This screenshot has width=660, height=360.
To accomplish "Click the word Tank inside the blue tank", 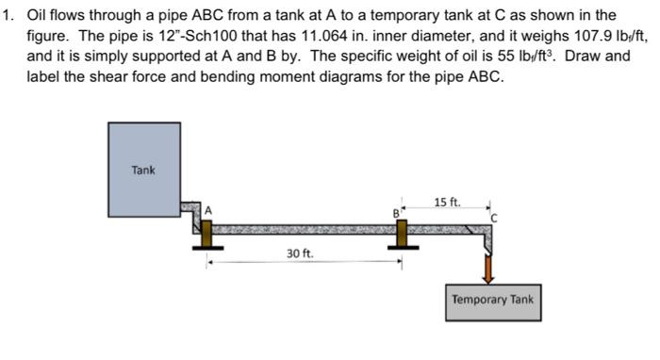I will click(x=143, y=170).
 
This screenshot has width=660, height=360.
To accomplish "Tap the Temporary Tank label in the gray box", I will click(x=492, y=300).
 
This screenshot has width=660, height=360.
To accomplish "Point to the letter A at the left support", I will click(x=212, y=209).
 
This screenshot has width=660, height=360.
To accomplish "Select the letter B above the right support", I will click(x=397, y=213).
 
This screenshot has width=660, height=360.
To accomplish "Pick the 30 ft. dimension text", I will click(x=301, y=254).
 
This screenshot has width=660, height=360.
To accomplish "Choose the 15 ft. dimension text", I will click(x=447, y=202).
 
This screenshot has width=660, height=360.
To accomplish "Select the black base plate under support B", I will click(x=403, y=249).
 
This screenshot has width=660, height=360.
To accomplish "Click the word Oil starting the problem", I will click(x=39, y=15).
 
